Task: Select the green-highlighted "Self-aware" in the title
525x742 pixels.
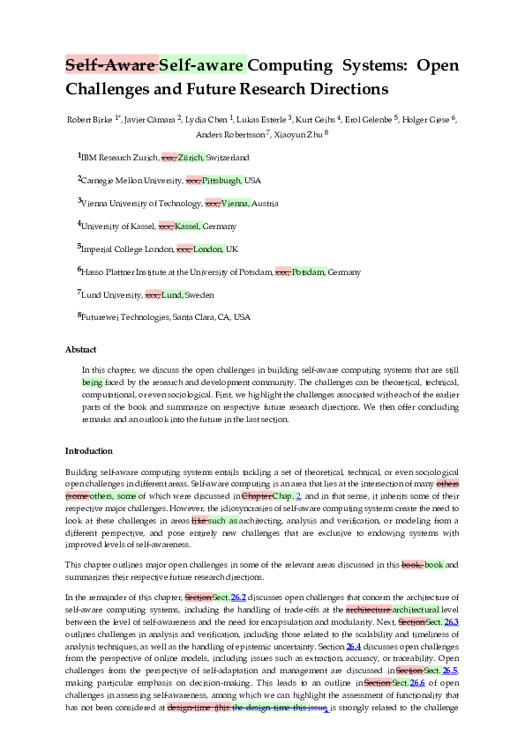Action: click(201, 64)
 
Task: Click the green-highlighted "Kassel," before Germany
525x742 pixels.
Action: click(187, 226)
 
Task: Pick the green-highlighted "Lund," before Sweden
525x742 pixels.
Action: click(172, 295)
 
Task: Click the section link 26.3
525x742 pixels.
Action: click(452, 622)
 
